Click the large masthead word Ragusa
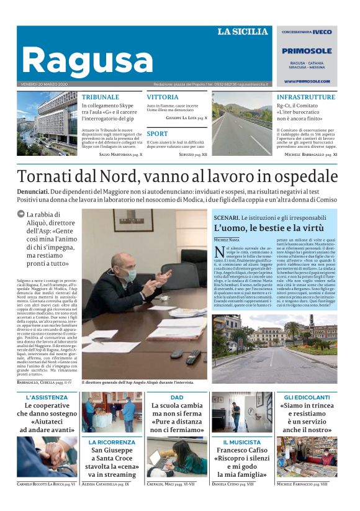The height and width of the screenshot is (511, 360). coord(87,61)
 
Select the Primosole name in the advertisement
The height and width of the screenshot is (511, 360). coord(307,52)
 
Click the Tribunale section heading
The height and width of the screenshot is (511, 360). coord(100,97)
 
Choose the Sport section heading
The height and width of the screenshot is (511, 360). coord(157,133)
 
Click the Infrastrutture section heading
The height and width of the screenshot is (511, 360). coord(305,97)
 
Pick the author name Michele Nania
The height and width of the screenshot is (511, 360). coord(227,240)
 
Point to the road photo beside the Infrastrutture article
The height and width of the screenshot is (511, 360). coord(241,124)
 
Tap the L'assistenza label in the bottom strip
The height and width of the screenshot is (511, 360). coord(47,397)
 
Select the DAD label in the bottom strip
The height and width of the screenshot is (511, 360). coord(177,397)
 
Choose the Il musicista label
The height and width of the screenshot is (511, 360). coord(241,442)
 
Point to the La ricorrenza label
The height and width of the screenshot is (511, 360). coord(112,442)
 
